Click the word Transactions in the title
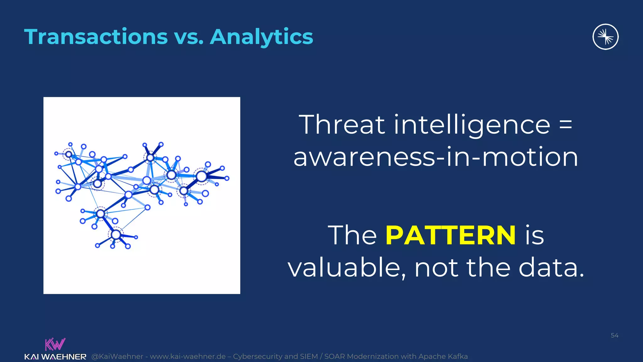point(96,37)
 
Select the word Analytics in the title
point(261,37)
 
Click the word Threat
point(342,125)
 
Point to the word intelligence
point(472,125)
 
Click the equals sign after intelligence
point(566,125)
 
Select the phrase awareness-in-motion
point(435,157)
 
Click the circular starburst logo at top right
point(605,37)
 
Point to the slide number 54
point(614,335)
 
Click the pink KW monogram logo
point(55,344)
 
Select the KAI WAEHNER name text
point(55,357)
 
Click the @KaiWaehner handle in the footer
point(117,356)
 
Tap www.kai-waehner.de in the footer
point(188,356)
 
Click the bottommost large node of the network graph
point(116,234)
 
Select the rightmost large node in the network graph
point(201,176)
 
